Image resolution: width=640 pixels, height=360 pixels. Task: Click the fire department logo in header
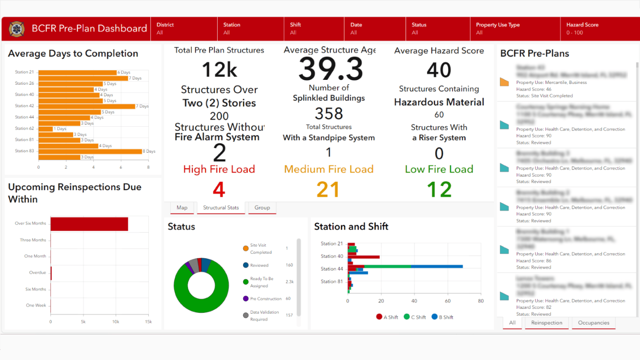point(17,29)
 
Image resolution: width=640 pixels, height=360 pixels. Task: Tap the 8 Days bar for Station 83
point(90,151)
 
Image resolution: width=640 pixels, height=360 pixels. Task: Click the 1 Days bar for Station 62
point(45,129)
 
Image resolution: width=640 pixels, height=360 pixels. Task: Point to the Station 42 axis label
point(24,106)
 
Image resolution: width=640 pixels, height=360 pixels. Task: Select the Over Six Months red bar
point(89,224)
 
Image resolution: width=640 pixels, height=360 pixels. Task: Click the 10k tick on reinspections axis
point(116,322)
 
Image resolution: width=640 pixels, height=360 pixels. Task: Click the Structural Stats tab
point(221,208)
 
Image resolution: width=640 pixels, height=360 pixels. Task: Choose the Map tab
point(182,208)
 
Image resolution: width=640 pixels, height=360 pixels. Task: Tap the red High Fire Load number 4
point(219,190)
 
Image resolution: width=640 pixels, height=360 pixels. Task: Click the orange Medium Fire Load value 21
point(328,190)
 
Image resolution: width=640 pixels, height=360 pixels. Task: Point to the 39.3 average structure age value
point(331,70)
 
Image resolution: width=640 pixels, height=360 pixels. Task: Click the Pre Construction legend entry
point(265,299)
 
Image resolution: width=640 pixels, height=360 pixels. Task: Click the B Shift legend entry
point(443,317)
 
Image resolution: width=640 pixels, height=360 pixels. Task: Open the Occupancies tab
point(593,323)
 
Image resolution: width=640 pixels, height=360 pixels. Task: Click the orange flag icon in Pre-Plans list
point(504,82)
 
